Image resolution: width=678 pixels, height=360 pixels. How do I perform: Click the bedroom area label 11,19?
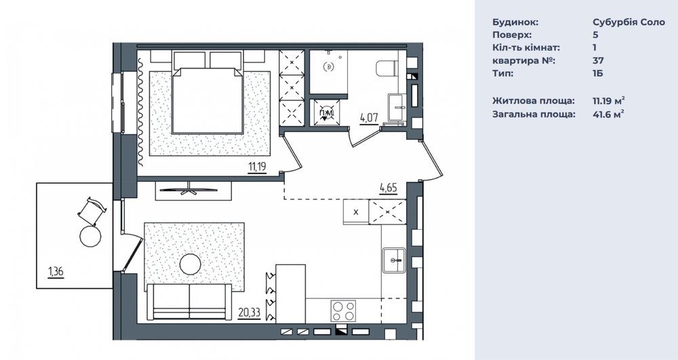coord(257,166)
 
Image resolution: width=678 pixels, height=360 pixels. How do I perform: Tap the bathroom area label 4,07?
coord(370,117)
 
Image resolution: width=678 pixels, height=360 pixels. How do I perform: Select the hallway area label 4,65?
coord(388,188)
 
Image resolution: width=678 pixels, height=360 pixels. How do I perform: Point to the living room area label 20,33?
coord(249,312)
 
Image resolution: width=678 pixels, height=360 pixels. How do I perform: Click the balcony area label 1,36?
coord(56,272)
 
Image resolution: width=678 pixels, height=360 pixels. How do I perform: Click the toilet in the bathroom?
coord(387,68)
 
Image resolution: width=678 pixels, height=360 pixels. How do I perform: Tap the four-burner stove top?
coord(344,311)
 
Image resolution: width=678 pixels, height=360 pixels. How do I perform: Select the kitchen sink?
coord(394,260)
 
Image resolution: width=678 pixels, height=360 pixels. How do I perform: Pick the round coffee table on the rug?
coord(191,264)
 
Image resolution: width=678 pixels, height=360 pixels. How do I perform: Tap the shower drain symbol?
coord(329,66)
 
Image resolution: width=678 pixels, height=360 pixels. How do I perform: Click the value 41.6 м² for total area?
coord(608,114)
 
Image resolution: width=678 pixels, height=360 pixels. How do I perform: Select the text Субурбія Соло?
coord(629,22)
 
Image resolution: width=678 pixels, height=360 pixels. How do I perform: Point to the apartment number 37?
coord(598,60)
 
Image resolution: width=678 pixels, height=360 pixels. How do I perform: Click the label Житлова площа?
coord(534,101)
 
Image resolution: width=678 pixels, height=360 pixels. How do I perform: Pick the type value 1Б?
coord(597,73)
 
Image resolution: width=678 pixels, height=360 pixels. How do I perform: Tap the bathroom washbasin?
coord(397,106)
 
